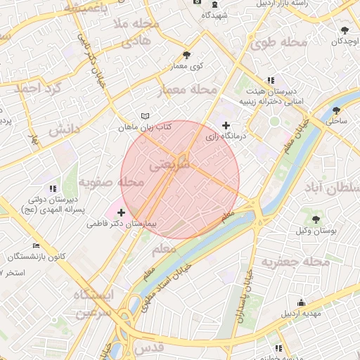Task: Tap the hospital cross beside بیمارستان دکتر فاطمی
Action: click(122, 212)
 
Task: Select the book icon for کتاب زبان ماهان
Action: click(145, 115)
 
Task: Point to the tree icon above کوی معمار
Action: click(186, 55)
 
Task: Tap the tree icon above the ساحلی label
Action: click(336, 110)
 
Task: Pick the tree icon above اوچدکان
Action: click(345, 30)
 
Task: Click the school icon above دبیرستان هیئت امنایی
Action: click(271, 80)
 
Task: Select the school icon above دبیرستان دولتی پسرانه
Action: click(53, 188)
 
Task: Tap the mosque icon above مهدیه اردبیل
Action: click(301, 302)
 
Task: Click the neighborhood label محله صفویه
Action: click(111, 182)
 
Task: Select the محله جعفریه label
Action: click(295, 262)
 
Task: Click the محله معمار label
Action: click(191, 90)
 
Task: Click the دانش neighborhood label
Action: click(63, 130)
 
